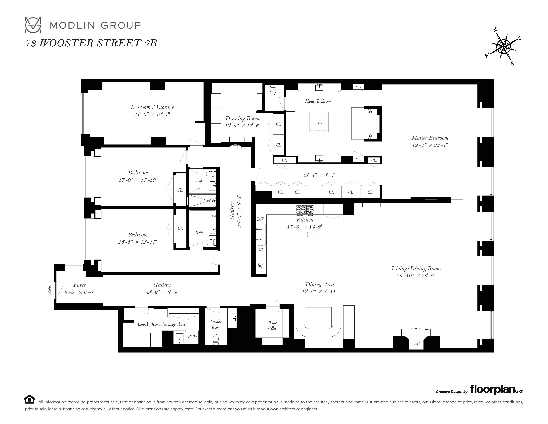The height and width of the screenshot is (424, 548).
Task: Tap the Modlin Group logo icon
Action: [33, 25]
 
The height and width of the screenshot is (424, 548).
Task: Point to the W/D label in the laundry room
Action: [192, 337]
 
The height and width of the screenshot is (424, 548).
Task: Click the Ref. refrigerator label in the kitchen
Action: [260, 265]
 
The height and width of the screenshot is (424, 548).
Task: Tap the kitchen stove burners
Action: [305, 209]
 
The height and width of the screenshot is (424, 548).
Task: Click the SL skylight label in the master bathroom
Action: [319, 122]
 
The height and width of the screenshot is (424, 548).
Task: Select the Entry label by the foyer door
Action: [50, 289]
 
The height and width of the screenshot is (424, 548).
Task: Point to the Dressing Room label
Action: [242, 118]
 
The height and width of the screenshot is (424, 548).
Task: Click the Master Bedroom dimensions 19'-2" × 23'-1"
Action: [430, 145]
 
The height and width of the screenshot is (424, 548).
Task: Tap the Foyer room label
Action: [80, 285]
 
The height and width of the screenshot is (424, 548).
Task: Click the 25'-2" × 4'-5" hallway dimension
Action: [319, 175]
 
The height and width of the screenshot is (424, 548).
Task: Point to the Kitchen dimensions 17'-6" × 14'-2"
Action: [305, 227]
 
